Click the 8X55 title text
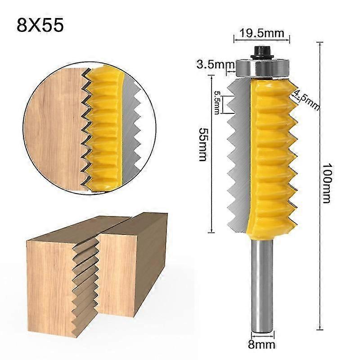[40, 25]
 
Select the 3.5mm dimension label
[212, 64]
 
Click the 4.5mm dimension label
[306, 99]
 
